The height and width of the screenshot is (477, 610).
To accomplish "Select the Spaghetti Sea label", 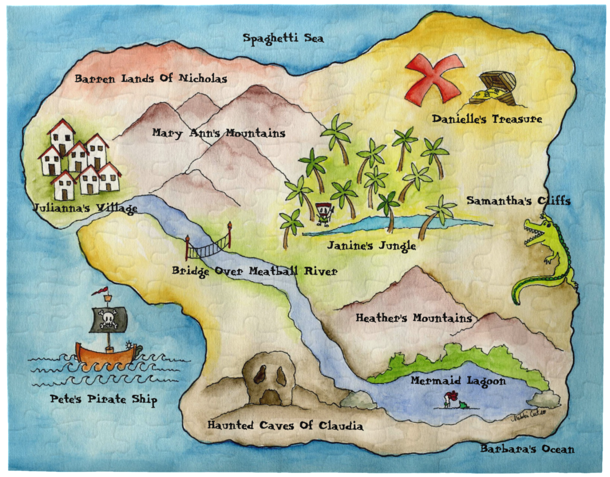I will (283, 38).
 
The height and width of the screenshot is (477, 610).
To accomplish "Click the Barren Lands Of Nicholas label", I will (151, 79).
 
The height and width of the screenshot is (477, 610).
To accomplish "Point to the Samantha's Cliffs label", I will (518, 201).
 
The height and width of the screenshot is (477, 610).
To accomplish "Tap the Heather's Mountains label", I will (414, 318).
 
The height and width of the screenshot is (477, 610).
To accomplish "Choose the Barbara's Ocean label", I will (527, 449).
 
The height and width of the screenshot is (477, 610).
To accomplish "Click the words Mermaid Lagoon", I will (458, 381).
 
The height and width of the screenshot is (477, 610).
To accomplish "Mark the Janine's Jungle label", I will (371, 246).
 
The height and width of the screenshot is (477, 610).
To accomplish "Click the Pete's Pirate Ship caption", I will (104, 399).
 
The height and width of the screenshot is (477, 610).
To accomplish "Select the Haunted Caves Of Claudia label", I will (285, 426).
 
